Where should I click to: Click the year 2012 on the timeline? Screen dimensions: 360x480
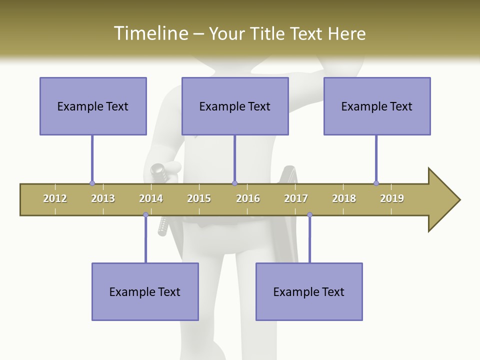pyautogui.click(x=55, y=198)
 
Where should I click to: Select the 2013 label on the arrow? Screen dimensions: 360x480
pyautogui.click(x=103, y=198)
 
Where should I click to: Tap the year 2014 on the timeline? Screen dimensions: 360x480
pyautogui.click(x=151, y=198)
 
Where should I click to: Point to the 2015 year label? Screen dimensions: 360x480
pyautogui.click(x=199, y=198)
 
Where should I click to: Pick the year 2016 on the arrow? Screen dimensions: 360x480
pyautogui.click(x=248, y=198)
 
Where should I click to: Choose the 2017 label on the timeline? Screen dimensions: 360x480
pyautogui.click(x=296, y=198)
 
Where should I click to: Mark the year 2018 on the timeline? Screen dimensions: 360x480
pyautogui.click(x=344, y=198)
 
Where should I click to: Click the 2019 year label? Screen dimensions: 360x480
pyautogui.click(x=392, y=198)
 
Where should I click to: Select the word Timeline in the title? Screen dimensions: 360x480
pyautogui.click(x=150, y=33)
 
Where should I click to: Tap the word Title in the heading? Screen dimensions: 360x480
pyautogui.click(x=269, y=33)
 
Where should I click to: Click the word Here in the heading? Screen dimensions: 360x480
pyautogui.click(x=346, y=33)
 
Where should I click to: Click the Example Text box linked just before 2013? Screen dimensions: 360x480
pyautogui.click(x=93, y=106)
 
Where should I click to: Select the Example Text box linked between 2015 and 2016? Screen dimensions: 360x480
pyautogui.click(x=235, y=106)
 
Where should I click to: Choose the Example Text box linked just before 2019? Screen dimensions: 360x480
pyautogui.click(x=377, y=106)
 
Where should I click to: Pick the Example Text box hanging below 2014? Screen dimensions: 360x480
pyautogui.click(x=145, y=291)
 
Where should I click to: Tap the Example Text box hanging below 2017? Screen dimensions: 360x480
pyautogui.click(x=309, y=291)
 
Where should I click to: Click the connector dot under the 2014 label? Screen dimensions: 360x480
pyautogui.click(x=145, y=214)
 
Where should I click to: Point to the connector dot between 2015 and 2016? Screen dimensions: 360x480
pyautogui.click(x=234, y=183)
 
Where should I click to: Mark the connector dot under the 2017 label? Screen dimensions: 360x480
pyautogui.click(x=309, y=214)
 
